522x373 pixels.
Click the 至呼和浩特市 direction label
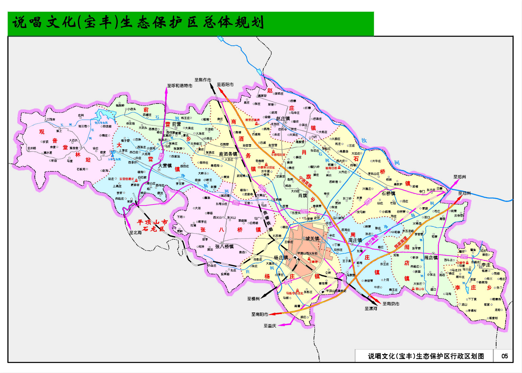[180, 86]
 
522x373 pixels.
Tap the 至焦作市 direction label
[203, 80]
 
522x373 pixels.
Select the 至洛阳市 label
[225, 84]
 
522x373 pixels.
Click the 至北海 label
[135, 233]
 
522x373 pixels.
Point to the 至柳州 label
[253, 298]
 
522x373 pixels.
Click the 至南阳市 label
[260, 314]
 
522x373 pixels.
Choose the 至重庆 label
[270, 326]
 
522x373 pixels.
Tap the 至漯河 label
[371, 308]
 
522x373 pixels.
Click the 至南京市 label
[391, 304]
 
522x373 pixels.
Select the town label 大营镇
[165, 166]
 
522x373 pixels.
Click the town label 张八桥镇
[224, 247]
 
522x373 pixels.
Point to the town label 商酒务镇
[228, 154]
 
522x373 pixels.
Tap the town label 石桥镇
[389, 194]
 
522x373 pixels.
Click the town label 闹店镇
[431, 258]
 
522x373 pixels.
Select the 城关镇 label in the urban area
[312, 239]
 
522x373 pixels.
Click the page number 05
[504, 356]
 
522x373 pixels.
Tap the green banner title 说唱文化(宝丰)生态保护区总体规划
[138, 22]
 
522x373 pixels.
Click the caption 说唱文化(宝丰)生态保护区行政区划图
[426, 356]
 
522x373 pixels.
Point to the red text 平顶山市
[152, 222]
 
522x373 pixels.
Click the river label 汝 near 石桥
[364, 140]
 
